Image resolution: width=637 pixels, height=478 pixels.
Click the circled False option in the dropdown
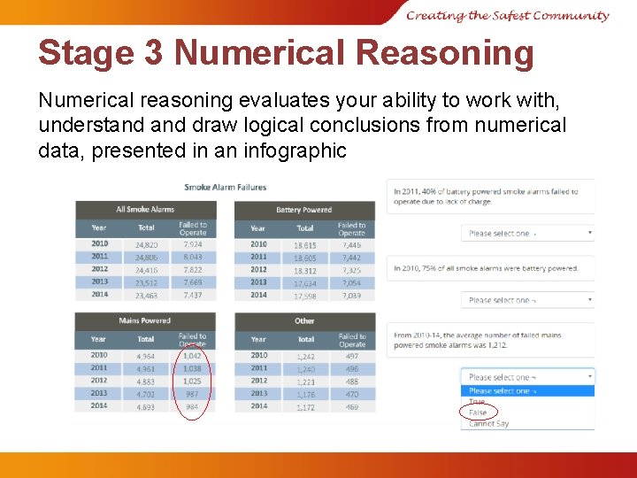[x=478, y=412]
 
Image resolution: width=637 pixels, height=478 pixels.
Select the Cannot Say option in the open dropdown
[x=489, y=424]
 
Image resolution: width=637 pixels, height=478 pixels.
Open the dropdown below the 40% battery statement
[x=527, y=234]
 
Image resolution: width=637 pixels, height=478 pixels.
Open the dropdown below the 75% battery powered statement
[x=527, y=300]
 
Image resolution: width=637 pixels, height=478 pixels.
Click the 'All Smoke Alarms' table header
[x=145, y=210]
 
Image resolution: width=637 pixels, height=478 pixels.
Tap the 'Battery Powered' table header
[x=303, y=210]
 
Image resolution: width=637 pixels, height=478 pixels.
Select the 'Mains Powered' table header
[x=145, y=320]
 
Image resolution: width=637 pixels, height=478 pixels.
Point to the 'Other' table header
[x=304, y=320]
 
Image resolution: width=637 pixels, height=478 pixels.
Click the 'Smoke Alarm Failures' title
[x=225, y=187]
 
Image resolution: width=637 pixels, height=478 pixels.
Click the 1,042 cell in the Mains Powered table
[x=192, y=355]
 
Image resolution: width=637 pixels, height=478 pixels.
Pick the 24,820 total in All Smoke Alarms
[x=146, y=244]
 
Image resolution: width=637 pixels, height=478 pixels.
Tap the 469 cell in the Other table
[x=351, y=406]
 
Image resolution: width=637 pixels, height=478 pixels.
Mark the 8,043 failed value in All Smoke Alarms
[x=192, y=257]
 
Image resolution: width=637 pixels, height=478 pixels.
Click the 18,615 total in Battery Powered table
[x=305, y=244]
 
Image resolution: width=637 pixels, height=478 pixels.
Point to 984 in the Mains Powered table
[x=192, y=406]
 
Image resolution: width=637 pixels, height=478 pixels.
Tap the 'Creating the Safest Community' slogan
[x=508, y=15]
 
